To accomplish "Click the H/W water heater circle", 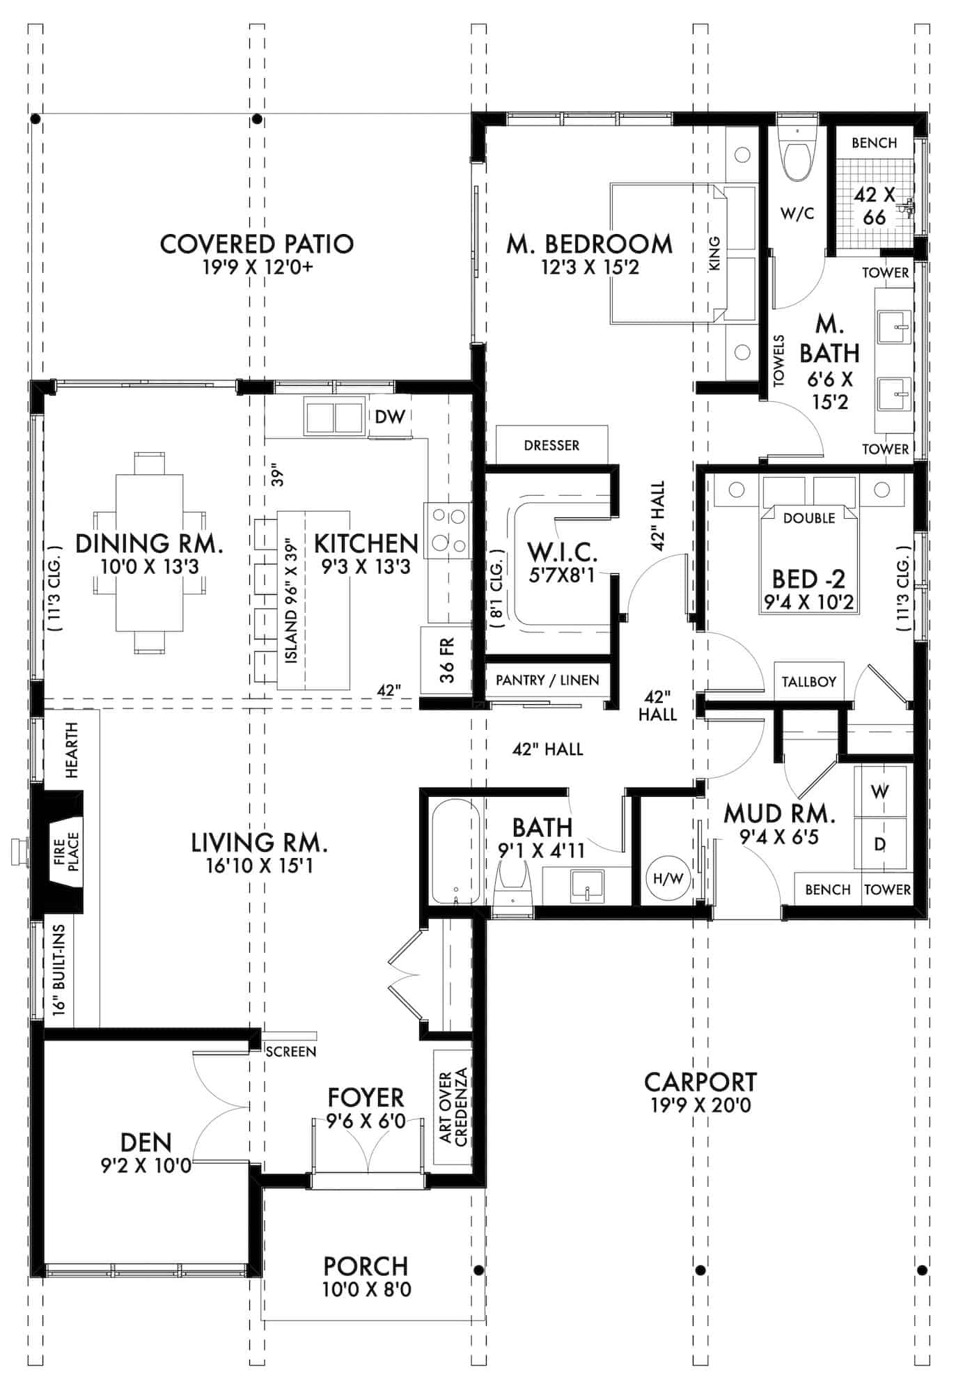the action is pyautogui.click(x=668, y=878).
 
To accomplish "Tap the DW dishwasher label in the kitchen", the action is pyautogui.click(x=390, y=417).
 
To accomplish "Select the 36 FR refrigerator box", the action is pyautogui.click(x=446, y=660).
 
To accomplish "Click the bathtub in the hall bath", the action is pyautogui.click(x=455, y=851).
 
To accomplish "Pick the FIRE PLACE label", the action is pyautogui.click(x=66, y=851).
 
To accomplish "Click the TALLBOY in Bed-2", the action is pyautogui.click(x=809, y=681).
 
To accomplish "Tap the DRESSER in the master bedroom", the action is pyautogui.click(x=551, y=444).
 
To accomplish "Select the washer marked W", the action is pyautogui.click(x=880, y=791).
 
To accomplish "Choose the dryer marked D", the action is pyautogui.click(x=880, y=843).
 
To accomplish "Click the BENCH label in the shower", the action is pyautogui.click(x=874, y=143).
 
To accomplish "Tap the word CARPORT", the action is pyautogui.click(x=700, y=1082).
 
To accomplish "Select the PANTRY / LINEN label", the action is pyautogui.click(x=547, y=680).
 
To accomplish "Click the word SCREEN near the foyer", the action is pyautogui.click(x=291, y=1052).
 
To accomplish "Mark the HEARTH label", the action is pyautogui.click(x=71, y=750).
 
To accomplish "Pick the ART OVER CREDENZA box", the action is pyautogui.click(x=453, y=1107).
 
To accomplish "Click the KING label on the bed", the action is pyautogui.click(x=714, y=254).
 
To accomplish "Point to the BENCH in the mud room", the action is pyautogui.click(x=828, y=889).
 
